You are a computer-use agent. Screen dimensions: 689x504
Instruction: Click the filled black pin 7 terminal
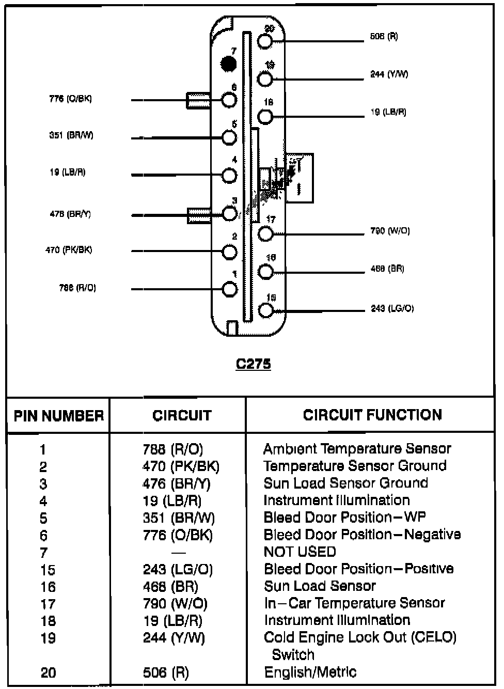(228, 64)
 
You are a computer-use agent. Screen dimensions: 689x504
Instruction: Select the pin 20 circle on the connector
(265, 41)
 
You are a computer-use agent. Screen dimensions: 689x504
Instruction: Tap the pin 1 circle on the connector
(229, 289)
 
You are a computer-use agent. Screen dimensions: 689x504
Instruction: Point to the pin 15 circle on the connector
(265, 310)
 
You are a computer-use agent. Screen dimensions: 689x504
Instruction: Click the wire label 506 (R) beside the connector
(384, 37)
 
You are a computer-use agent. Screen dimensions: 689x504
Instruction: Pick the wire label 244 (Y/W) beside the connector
(389, 74)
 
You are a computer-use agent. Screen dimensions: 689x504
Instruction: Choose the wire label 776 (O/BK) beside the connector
(70, 99)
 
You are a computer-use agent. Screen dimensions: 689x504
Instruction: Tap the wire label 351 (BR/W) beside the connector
(71, 135)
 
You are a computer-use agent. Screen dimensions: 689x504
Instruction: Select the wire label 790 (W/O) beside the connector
(390, 231)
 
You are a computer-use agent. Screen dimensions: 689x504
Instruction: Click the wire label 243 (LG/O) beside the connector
(392, 308)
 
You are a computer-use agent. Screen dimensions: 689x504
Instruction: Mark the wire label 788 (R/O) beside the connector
(77, 288)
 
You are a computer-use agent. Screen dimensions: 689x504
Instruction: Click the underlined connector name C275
(253, 364)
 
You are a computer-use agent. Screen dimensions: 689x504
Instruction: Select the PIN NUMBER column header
(58, 416)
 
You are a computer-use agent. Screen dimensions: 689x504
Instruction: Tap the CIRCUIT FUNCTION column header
(372, 415)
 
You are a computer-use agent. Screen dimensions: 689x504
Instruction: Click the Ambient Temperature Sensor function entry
(357, 448)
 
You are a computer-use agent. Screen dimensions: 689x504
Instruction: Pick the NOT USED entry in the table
(300, 552)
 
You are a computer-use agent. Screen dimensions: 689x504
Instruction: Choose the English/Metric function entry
(310, 672)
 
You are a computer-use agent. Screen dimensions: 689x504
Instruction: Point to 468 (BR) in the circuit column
(170, 586)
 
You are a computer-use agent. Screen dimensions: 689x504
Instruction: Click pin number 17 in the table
(48, 604)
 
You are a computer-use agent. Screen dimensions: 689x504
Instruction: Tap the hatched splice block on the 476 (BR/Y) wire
(199, 215)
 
